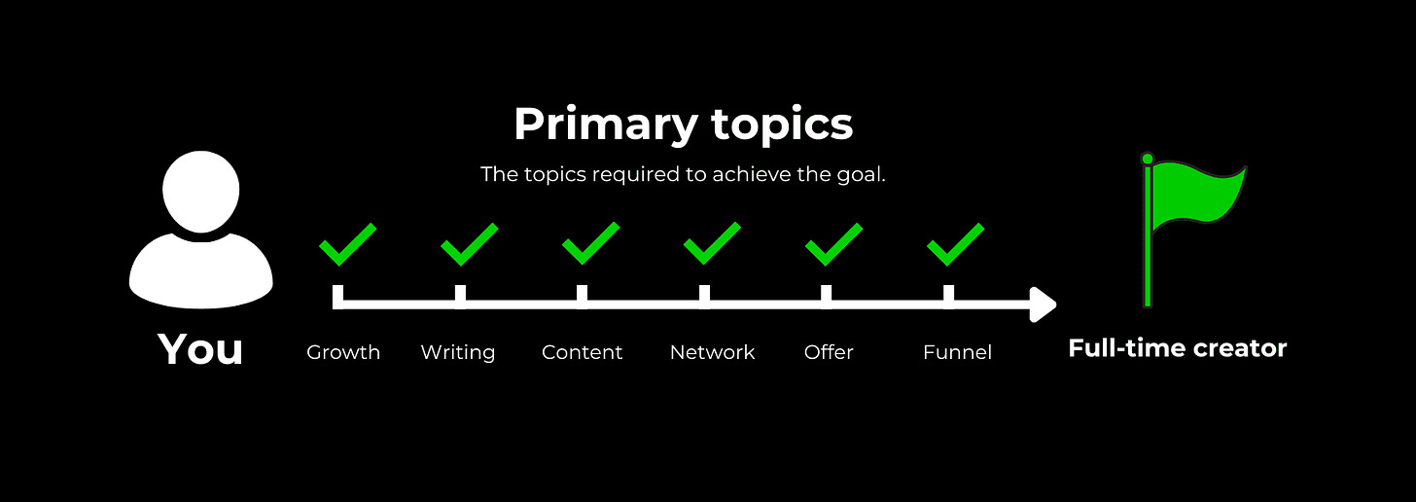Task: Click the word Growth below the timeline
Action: (343, 353)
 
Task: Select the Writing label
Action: (458, 353)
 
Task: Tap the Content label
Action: (583, 352)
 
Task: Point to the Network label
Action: (713, 352)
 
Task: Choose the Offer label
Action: (829, 351)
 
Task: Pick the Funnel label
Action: (957, 352)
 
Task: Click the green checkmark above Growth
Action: (348, 244)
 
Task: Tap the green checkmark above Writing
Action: (470, 244)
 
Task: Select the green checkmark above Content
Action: (591, 243)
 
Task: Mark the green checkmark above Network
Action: (713, 243)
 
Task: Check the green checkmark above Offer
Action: (833, 244)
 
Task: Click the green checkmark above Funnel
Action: (956, 244)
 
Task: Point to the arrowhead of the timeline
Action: (1043, 305)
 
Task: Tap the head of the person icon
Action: (201, 191)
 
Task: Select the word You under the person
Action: (200, 349)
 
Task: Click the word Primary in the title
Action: (606, 125)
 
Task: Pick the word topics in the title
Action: (783, 125)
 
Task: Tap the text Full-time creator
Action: (1178, 348)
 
